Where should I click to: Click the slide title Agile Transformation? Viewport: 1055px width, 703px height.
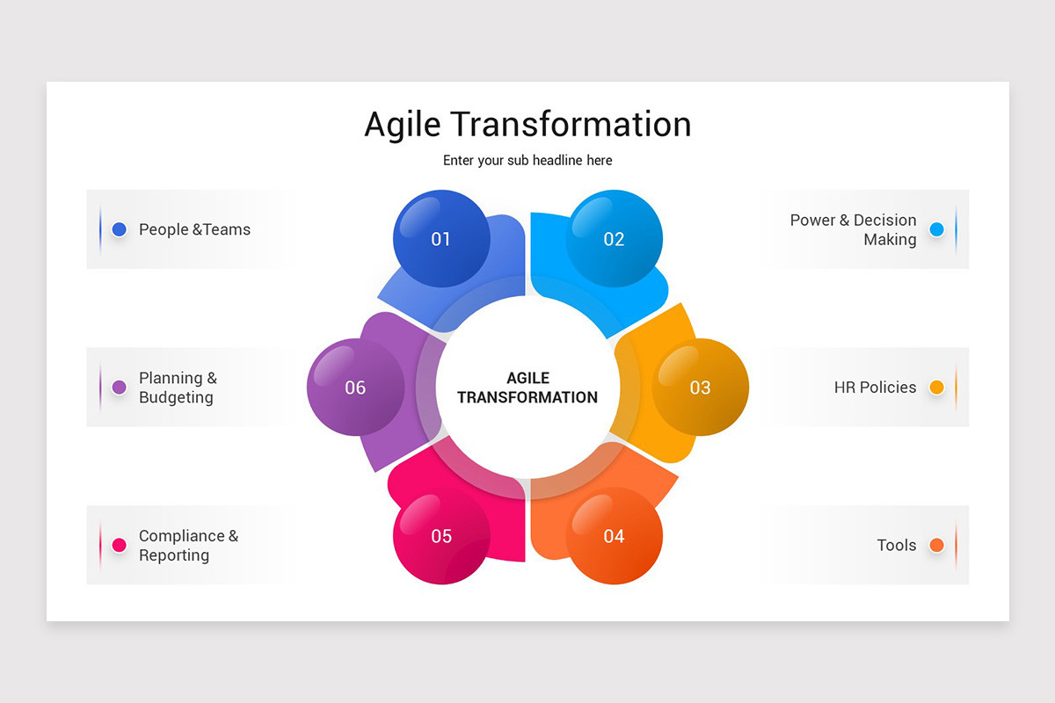point(527,125)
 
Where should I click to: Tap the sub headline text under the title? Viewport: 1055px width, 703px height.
point(527,161)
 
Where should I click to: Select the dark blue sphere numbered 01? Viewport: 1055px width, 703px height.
point(441,239)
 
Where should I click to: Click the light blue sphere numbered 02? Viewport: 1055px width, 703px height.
point(615,239)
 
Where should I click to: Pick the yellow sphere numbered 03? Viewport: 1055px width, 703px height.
point(701,387)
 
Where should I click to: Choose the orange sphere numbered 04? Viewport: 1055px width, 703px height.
point(615,536)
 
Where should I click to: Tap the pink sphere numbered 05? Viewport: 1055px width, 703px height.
point(441,536)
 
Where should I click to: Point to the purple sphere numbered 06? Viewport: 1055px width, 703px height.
point(355,387)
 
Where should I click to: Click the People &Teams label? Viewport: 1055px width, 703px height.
point(194,229)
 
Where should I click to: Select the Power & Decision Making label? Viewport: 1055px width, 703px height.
point(854,229)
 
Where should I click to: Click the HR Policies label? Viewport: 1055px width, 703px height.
point(875,388)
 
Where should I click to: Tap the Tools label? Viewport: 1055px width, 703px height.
point(897,545)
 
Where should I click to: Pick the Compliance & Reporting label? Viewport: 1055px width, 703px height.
point(188,545)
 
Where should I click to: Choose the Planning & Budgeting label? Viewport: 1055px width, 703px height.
point(178,388)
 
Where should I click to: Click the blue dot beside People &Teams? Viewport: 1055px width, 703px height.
point(120,229)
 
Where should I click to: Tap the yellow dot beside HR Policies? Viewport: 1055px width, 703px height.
point(937,387)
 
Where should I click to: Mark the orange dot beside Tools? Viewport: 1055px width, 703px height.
point(937,545)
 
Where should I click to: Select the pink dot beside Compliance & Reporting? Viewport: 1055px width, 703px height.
point(120,545)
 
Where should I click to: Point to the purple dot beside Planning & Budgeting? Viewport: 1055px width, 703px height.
point(120,387)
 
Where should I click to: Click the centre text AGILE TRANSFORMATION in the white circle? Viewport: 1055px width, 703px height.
point(527,388)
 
